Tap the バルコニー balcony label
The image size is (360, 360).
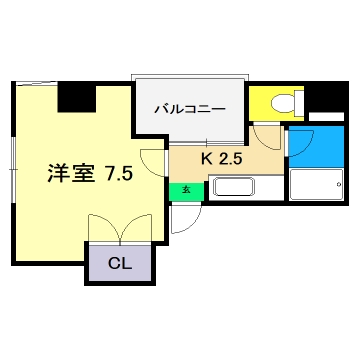(189, 110)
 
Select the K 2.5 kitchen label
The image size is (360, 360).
(222, 158)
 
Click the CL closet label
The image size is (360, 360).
(118, 265)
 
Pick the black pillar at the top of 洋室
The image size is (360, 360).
(76, 96)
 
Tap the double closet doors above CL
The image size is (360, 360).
(118, 230)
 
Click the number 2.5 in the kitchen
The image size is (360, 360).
(232, 158)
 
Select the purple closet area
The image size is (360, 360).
(118, 265)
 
